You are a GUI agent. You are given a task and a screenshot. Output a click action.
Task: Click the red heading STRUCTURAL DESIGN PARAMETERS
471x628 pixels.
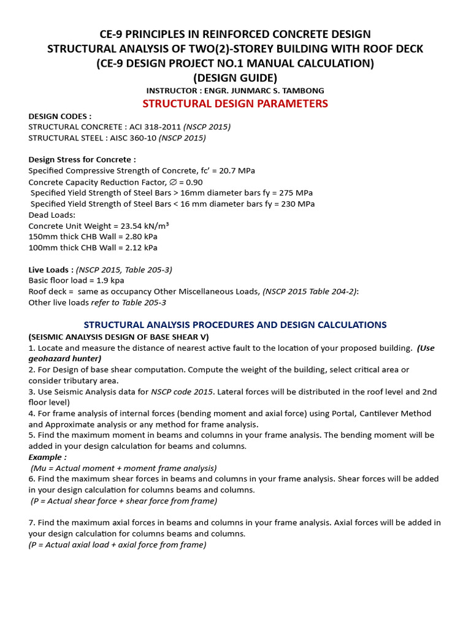pyautogui.click(x=235, y=104)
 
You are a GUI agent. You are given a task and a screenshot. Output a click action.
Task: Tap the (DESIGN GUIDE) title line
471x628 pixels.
pyautogui.click(x=235, y=77)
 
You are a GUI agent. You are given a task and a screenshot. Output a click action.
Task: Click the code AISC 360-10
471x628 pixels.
pyautogui.click(x=131, y=138)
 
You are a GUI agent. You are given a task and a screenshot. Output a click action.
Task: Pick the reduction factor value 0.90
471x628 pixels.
pyautogui.click(x=190, y=182)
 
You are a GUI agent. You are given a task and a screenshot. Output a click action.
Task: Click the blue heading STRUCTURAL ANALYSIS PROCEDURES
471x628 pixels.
pyautogui.click(x=235, y=325)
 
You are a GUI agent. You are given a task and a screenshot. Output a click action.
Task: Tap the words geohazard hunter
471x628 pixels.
pyautogui.click(x=65, y=358)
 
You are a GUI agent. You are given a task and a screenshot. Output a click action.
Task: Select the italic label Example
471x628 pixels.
pyautogui.click(x=46, y=457)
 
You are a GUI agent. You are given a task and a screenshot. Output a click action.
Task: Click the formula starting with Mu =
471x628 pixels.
pyautogui.click(x=123, y=468)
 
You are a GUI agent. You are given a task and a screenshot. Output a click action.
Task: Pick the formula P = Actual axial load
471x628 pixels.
pyautogui.click(x=117, y=545)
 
